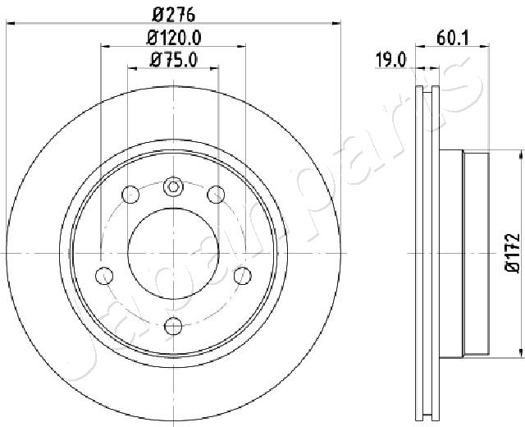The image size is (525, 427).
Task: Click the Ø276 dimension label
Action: [173, 15]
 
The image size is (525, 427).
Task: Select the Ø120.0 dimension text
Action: [174, 38]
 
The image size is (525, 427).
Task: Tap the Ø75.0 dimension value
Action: [174, 60]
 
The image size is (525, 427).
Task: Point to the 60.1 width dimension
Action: [453, 38]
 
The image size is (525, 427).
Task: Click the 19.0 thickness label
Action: [390, 60]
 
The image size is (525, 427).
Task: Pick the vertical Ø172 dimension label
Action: [513, 253]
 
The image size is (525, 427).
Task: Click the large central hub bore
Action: [173, 254]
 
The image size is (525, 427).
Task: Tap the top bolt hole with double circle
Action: [173, 186]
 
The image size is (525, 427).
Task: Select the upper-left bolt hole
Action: [130, 194]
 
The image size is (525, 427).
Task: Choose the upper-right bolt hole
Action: [216, 194]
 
